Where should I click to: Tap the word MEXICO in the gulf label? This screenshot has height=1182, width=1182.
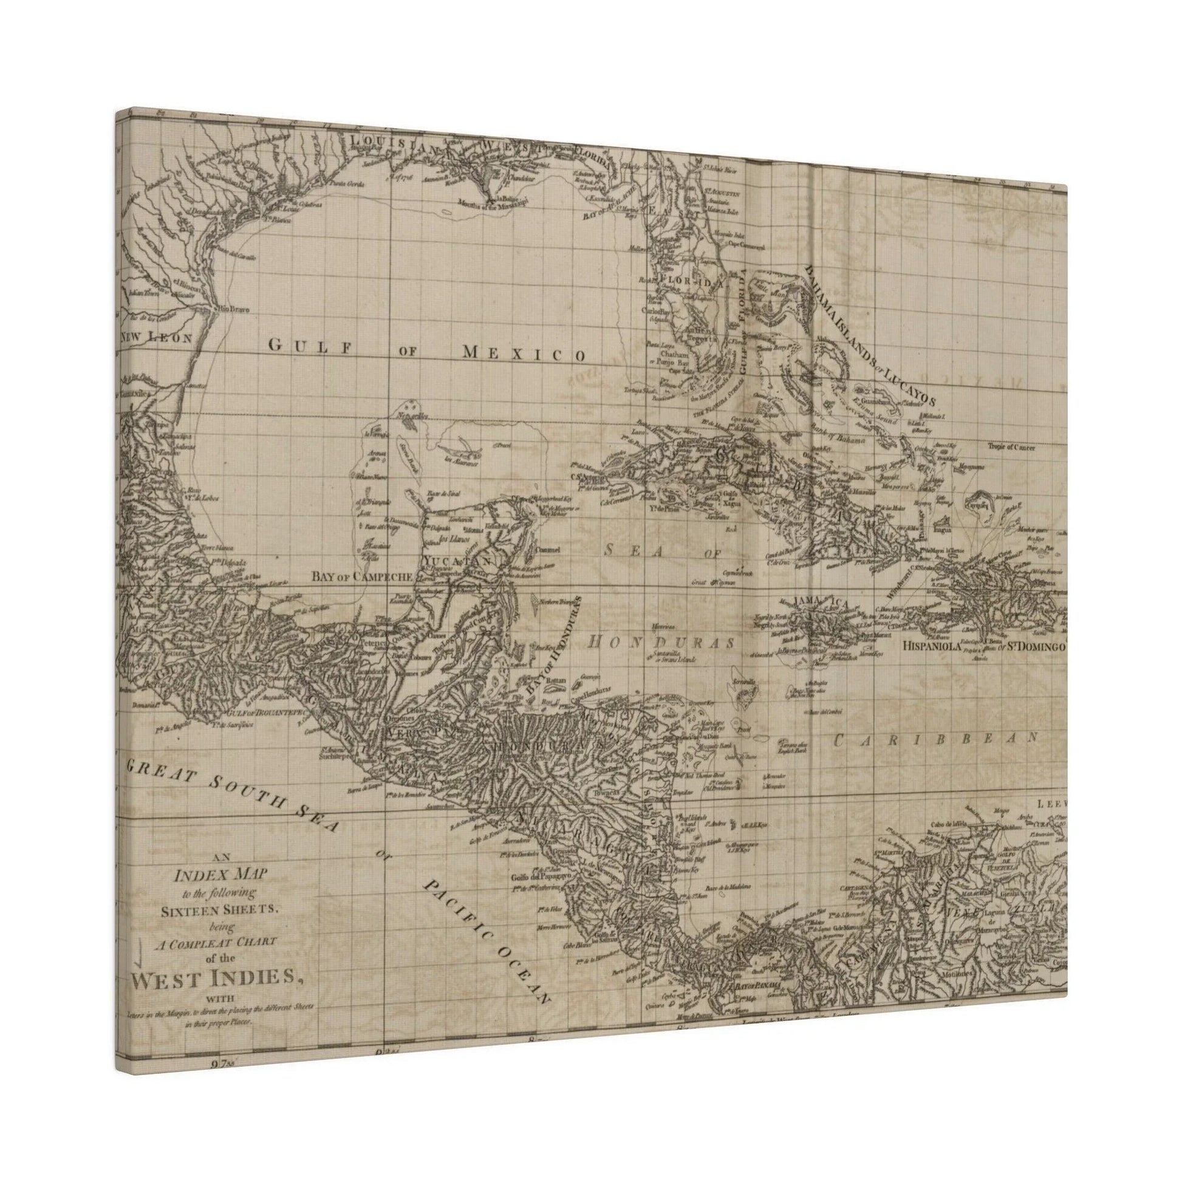pos(523,352)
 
